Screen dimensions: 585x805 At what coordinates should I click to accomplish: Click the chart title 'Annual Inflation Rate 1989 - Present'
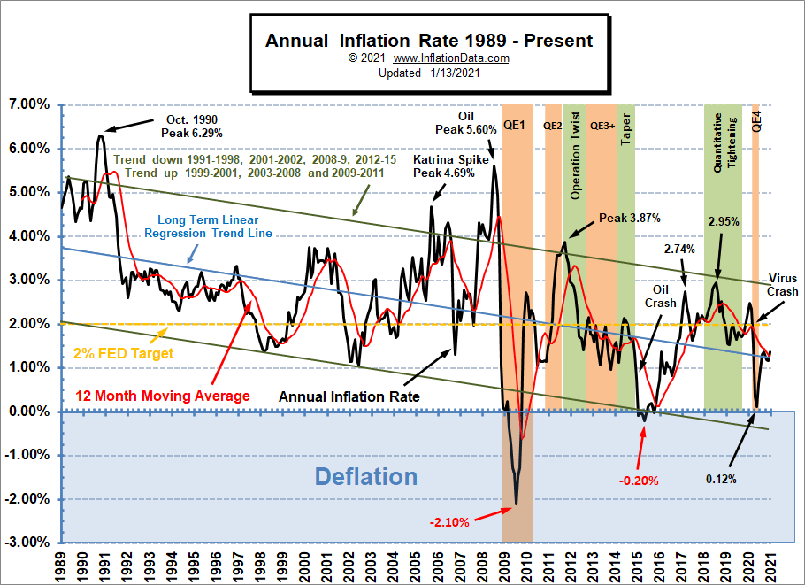coord(429,41)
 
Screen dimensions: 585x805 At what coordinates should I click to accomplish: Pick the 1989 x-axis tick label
coord(59,563)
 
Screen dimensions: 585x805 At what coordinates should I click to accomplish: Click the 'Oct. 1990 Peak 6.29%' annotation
coord(191,126)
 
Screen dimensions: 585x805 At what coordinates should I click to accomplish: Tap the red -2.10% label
coord(449,522)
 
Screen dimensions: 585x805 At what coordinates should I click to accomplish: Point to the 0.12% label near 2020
coord(721,479)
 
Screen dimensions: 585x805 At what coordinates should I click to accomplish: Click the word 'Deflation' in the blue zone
coord(366,477)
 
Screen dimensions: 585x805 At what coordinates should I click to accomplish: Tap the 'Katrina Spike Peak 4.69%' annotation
coord(444,166)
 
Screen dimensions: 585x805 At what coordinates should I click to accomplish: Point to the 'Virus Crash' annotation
coord(783,285)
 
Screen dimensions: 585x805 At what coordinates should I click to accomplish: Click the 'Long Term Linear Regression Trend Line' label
coord(215,227)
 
